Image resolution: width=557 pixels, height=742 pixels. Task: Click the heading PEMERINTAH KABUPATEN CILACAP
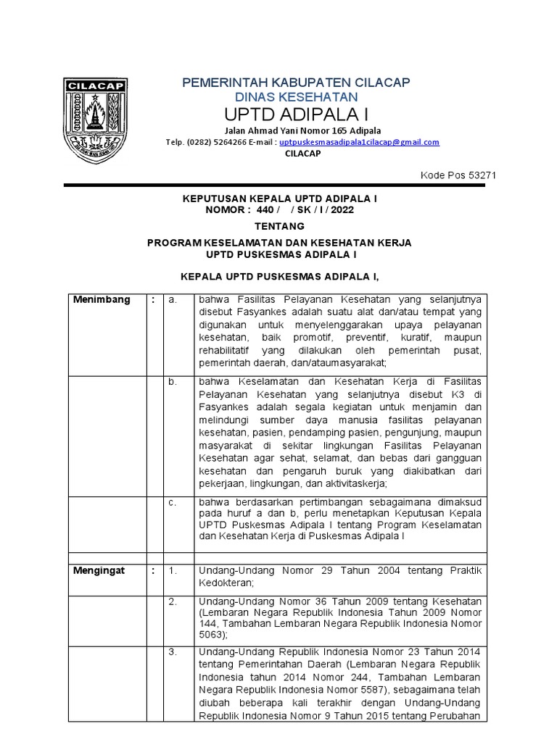(x=296, y=82)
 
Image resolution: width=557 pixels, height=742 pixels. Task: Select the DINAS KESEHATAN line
(x=296, y=97)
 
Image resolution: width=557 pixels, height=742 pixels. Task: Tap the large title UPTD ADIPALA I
(x=295, y=115)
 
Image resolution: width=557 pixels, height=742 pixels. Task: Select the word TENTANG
(x=279, y=226)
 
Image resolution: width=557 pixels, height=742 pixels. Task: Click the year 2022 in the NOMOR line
(x=343, y=210)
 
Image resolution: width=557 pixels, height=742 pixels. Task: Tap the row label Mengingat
(x=99, y=570)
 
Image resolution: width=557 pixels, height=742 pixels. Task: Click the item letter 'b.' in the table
(x=173, y=382)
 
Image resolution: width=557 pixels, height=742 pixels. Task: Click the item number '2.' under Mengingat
(x=173, y=602)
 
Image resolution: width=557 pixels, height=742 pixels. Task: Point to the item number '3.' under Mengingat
(x=173, y=652)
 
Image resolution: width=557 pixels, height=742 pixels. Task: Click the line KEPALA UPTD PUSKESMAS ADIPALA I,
(x=279, y=276)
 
